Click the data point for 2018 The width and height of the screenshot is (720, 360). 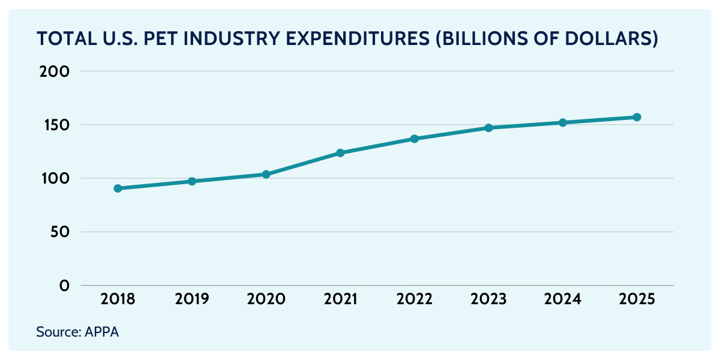pyautogui.click(x=118, y=188)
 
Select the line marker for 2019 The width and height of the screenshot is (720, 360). pyautogui.click(x=192, y=181)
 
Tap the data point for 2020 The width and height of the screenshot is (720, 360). pyautogui.click(x=266, y=175)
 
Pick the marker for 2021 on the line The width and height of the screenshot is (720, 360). pyautogui.click(x=340, y=153)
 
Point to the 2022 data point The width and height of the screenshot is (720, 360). pyautogui.click(x=415, y=139)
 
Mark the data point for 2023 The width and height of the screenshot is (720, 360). pyautogui.click(x=488, y=128)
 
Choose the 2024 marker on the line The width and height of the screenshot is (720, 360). pyautogui.click(x=563, y=122)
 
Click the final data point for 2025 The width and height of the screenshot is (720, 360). pyautogui.click(x=637, y=117)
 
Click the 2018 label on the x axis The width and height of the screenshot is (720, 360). pyautogui.click(x=118, y=299)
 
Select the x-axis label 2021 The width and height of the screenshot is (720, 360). pyautogui.click(x=340, y=299)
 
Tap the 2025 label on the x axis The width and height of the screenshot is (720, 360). pyautogui.click(x=637, y=299)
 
